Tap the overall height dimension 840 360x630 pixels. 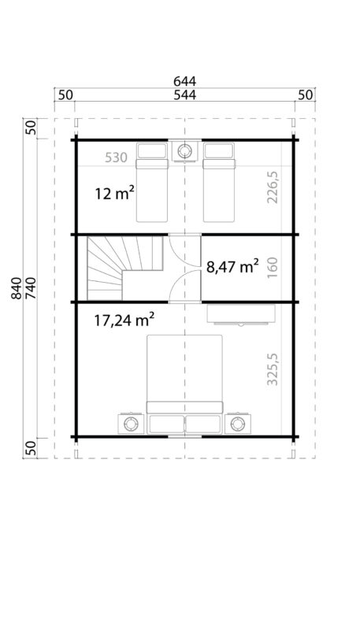18,290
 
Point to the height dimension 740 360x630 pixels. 32,290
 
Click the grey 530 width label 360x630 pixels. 116,157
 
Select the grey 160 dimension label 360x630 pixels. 273,267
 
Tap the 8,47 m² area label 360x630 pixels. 232,267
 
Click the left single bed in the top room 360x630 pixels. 153,182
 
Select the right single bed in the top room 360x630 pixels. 220,182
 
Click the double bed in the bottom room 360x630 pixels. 186,382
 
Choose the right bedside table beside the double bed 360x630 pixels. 238,424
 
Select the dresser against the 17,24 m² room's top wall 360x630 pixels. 240,313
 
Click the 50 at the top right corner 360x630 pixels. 304,94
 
